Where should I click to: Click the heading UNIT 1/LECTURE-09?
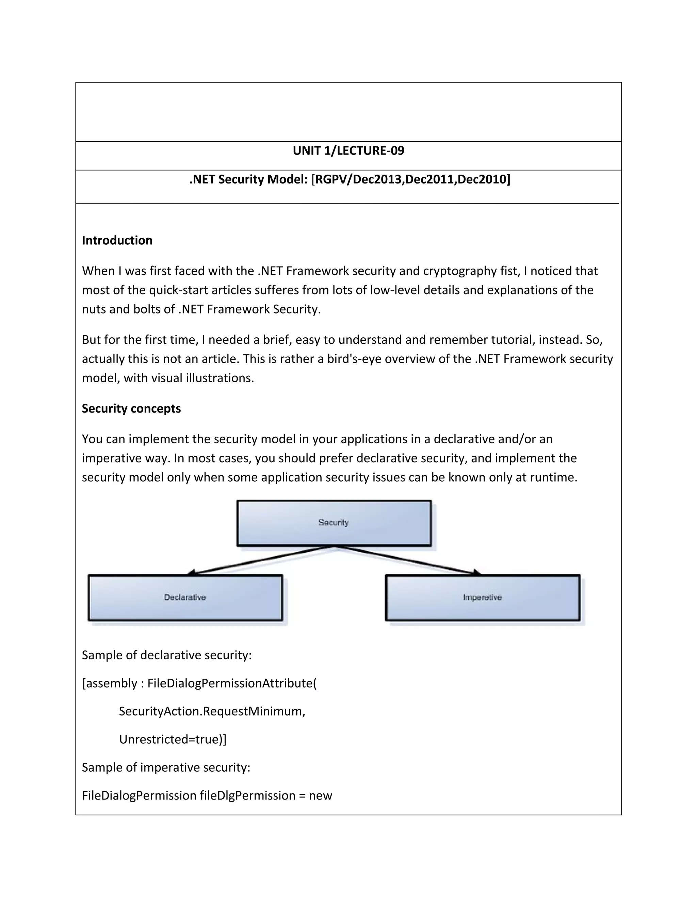348,151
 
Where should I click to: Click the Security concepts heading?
131,408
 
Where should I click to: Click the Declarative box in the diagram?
185,597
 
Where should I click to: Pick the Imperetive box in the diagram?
482,597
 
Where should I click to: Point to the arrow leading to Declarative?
260,561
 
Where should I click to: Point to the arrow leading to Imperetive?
409,561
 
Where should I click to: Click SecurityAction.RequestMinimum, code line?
212,711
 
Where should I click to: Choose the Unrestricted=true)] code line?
173,739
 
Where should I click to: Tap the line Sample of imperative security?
166,767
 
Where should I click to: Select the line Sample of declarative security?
166,655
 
